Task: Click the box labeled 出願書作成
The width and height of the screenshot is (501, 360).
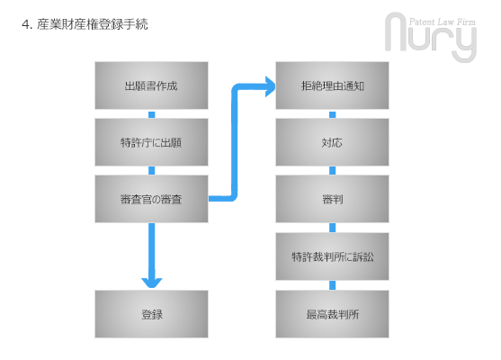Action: point(151,85)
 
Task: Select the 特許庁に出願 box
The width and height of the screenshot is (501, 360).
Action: point(151,142)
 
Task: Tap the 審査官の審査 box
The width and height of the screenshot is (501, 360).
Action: point(151,199)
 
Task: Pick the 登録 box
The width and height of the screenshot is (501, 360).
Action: point(151,314)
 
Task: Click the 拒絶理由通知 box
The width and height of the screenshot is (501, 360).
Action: point(332,85)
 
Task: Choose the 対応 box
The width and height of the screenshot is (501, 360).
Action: point(332,142)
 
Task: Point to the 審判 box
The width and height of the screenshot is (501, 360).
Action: point(332,199)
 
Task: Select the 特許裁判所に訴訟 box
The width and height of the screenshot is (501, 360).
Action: point(332,256)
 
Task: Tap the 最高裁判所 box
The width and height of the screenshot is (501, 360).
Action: point(332,314)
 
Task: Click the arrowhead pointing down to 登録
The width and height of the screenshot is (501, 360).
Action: point(152,282)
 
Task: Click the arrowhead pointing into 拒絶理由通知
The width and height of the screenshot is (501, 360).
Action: point(271,86)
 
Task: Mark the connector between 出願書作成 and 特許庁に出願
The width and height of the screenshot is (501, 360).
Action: point(152,114)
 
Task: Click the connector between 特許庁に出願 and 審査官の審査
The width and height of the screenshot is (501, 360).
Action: point(152,170)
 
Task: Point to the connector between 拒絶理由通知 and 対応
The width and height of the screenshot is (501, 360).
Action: point(333,114)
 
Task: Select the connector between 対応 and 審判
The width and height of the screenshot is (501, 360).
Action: point(333,170)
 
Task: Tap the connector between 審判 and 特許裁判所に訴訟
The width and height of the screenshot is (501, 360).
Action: point(333,228)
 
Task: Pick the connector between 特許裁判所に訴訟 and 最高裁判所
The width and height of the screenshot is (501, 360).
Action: point(333,285)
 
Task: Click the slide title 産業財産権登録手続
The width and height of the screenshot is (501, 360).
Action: point(93,24)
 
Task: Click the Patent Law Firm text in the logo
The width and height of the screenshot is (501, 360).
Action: point(443,22)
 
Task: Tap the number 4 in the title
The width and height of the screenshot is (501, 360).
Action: point(25,24)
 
